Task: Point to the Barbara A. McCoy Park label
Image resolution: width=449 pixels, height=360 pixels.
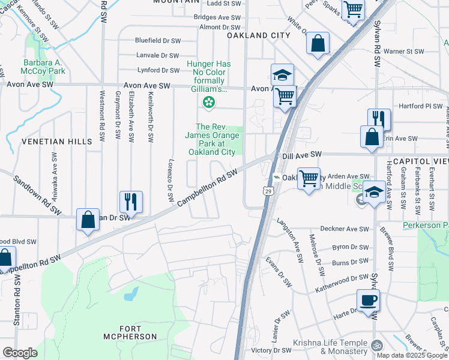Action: (44, 67)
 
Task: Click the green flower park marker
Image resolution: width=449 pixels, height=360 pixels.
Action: (208, 103)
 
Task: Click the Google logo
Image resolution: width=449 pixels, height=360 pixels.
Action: (20, 353)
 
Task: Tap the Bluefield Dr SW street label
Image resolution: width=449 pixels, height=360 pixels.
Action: (158, 41)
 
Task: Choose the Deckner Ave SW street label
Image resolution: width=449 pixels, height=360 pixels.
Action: (348, 229)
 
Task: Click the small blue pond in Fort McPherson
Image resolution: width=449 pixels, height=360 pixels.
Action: (130, 295)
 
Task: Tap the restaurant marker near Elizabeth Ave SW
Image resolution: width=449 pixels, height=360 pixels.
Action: (130, 202)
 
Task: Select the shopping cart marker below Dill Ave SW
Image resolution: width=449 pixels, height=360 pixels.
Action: (309, 178)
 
